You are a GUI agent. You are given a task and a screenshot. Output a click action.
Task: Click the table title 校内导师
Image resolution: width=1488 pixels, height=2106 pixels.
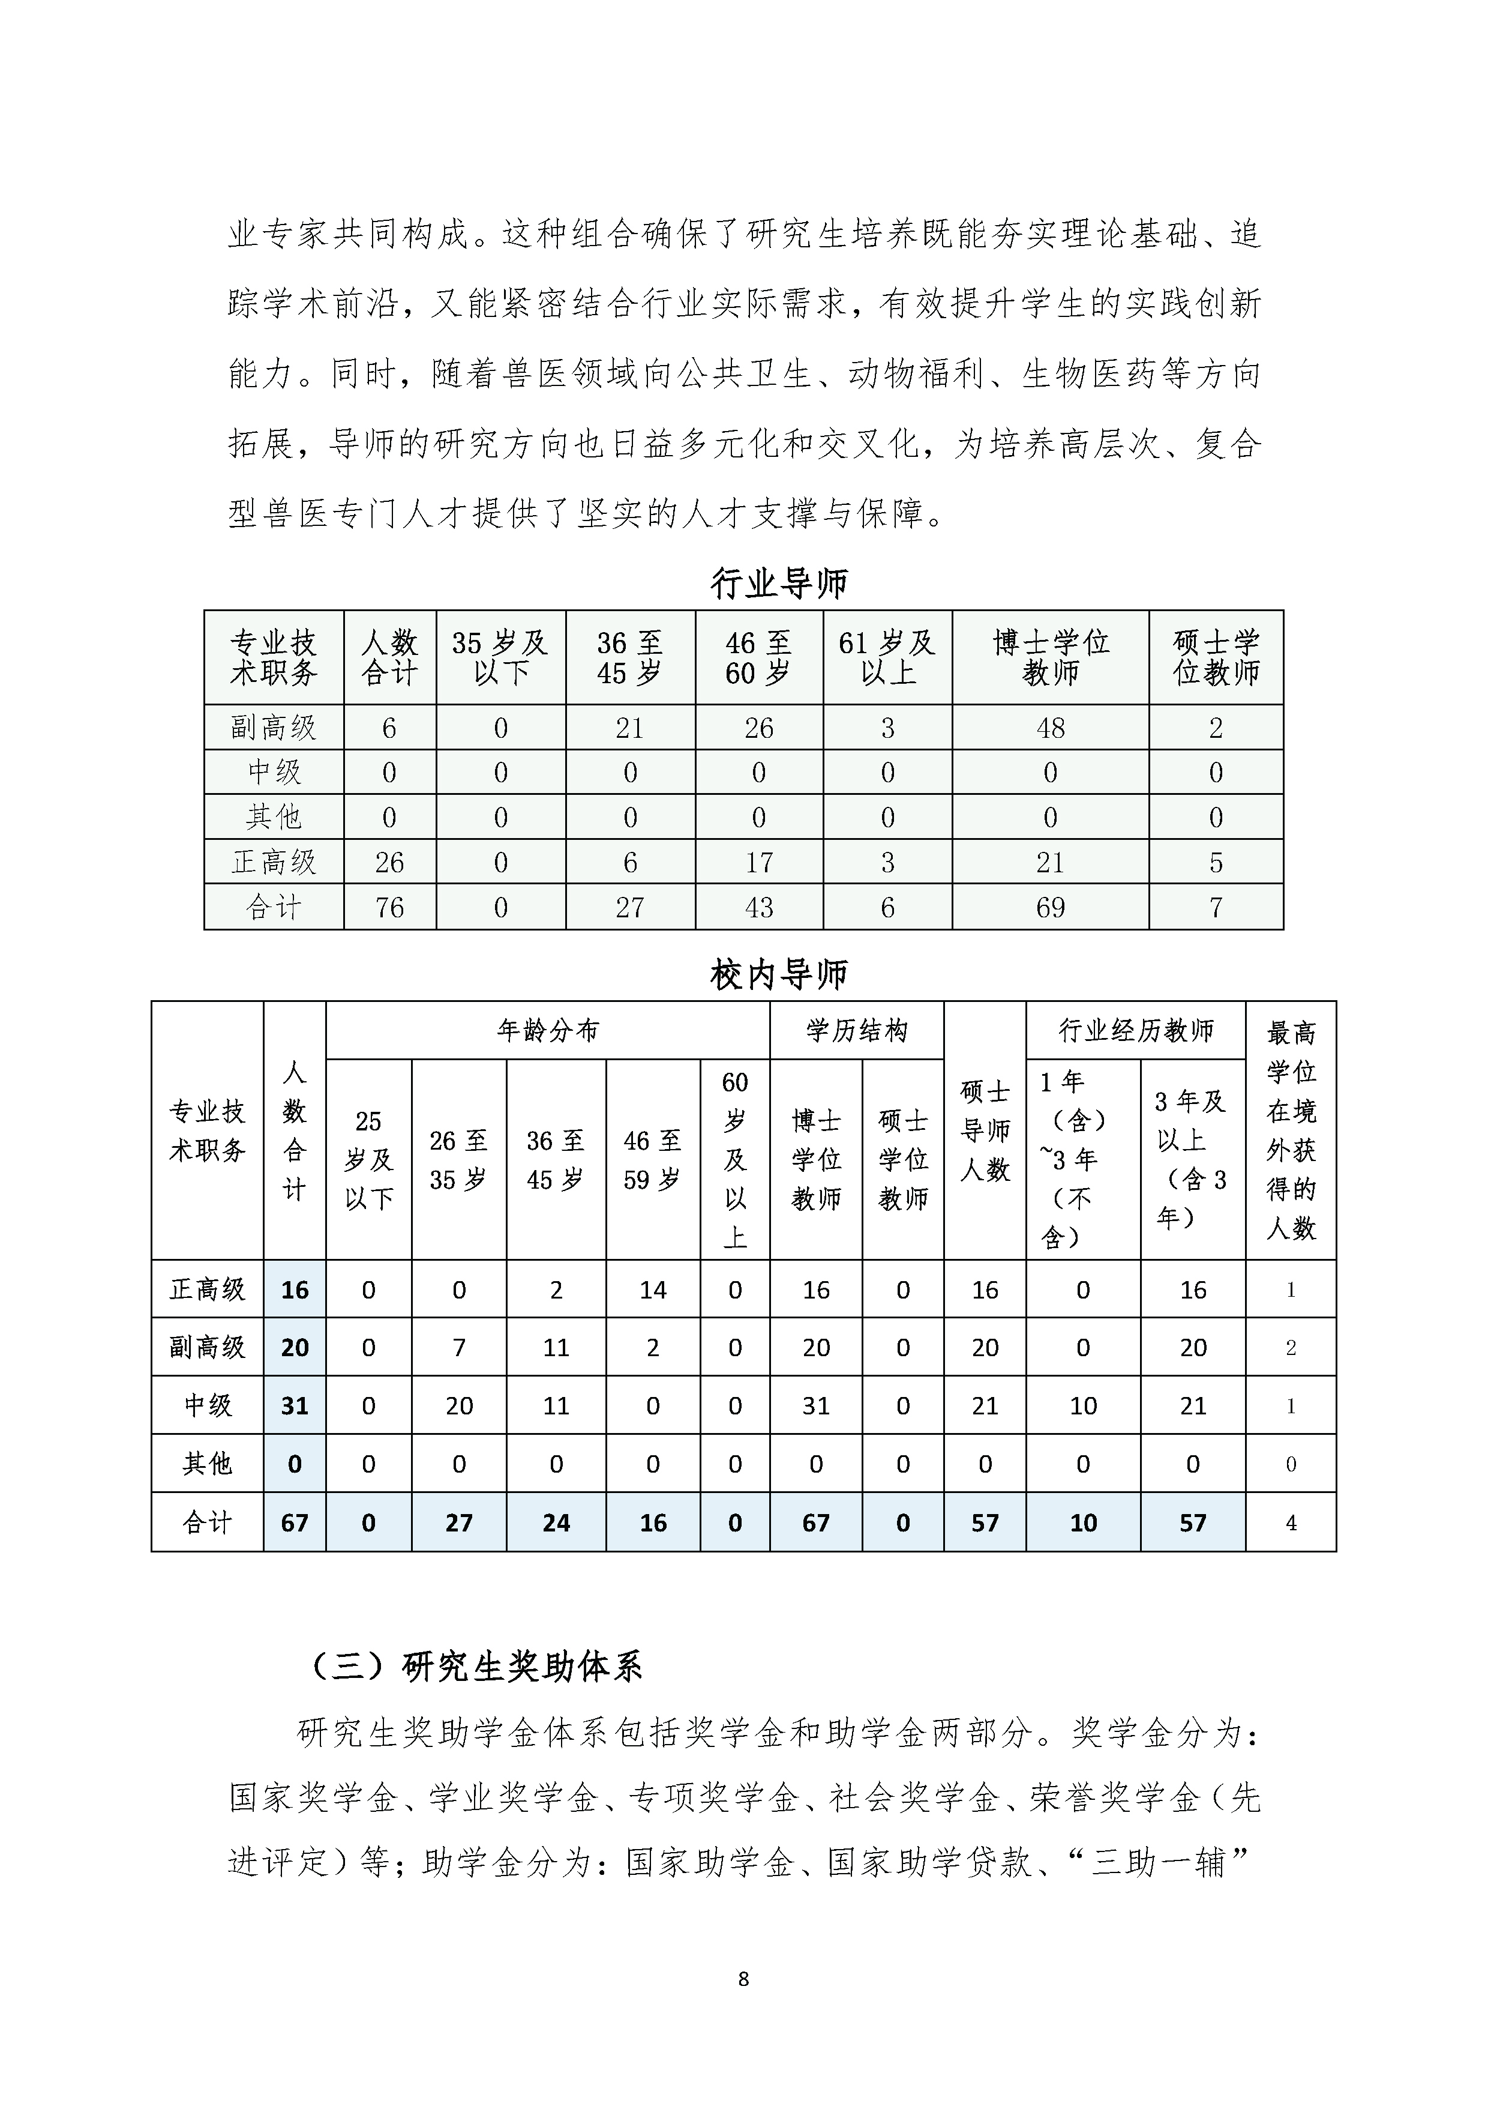(779, 975)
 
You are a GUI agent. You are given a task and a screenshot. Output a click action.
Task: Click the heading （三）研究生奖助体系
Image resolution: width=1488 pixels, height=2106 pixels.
(477, 1667)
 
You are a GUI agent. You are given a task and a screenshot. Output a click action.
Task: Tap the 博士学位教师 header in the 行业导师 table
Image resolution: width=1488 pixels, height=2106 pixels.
(1051, 657)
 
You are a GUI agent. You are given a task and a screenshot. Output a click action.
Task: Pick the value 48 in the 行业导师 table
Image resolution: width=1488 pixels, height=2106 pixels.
(1051, 728)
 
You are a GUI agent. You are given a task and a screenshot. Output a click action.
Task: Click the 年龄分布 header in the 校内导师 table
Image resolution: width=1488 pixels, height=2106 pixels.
(547, 1031)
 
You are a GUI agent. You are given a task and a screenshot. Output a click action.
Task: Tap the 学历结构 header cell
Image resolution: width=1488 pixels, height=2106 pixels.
(856, 1031)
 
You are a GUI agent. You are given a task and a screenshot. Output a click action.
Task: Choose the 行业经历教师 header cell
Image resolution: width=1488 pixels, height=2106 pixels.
(1136, 1031)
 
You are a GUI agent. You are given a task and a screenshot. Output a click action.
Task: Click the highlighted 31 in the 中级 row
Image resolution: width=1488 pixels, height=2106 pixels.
(294, 1405)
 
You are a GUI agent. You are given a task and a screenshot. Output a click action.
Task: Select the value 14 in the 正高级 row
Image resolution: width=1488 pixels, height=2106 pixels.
(653, 1290)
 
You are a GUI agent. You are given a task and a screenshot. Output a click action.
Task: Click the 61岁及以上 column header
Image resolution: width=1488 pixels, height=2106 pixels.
(887, 657)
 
